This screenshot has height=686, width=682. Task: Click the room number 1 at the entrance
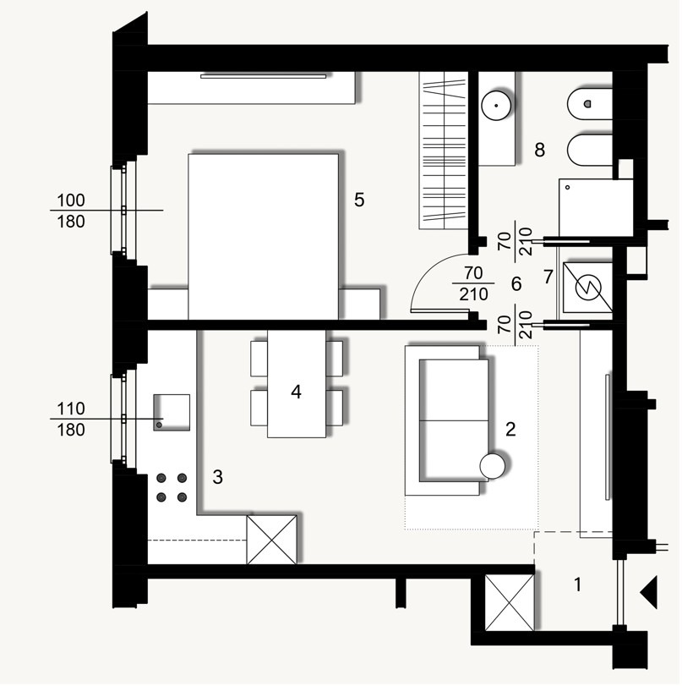(578, 584)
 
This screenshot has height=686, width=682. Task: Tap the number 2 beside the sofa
(510, 429)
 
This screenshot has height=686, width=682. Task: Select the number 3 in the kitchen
(217, 478)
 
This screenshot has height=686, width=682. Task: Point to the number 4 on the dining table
(296, 392)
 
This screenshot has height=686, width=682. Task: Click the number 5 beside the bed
(359, 200)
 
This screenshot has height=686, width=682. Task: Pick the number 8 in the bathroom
(539, 150)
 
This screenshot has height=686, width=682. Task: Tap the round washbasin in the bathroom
(494, 106)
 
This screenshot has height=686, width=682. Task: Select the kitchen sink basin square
(172, 413)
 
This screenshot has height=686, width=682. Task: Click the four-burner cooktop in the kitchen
(172, 488)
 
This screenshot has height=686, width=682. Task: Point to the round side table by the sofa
(493, 466)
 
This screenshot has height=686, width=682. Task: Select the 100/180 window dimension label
(71, 211)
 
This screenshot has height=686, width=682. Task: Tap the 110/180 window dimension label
(71, 420)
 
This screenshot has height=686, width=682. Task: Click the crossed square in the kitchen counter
(271, 540)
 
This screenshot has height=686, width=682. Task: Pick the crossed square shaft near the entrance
(510, 601)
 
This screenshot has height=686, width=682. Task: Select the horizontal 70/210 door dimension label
(477, 284)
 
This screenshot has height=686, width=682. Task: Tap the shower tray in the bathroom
(590, 207)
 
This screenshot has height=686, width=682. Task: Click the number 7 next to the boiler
(548, 276)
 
